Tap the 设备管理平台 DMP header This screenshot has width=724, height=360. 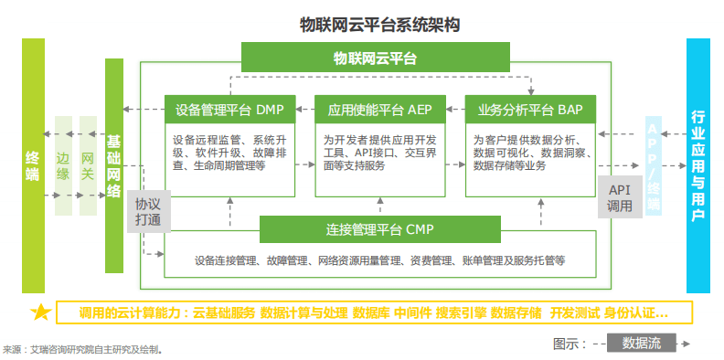point(229,111)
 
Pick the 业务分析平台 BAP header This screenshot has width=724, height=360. point(529,111)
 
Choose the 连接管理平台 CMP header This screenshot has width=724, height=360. point(379,228)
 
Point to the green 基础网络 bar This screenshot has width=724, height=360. point(113,165)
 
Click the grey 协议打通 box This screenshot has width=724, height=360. point(147,212)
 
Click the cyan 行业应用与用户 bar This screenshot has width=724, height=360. point(697,165)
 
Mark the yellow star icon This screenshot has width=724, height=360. point(40,312)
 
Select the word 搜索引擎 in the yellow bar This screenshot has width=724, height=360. point(462,312)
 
